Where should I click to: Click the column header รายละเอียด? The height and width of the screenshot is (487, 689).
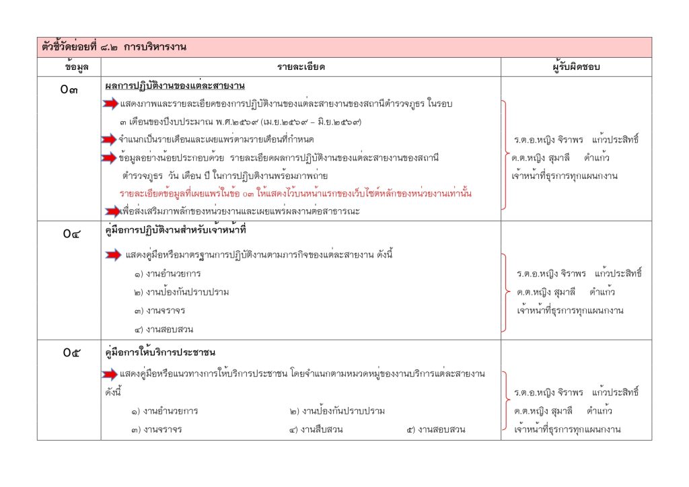pyautogui.click(x=301, y=67)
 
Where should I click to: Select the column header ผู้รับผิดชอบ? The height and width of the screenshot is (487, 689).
pyautogui.click(x=576, y=67)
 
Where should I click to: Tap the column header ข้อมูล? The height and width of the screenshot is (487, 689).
pyautogui.click(x=69, y=67)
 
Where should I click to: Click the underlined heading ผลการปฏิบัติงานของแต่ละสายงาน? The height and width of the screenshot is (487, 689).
pyautogui.click(x=175, y=86)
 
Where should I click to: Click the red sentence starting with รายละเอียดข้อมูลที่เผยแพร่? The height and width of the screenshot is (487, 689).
pyautogui.click(x=295, y=194)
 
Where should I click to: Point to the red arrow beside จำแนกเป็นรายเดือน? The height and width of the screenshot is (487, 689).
pyautogui.click(x=109, y=140)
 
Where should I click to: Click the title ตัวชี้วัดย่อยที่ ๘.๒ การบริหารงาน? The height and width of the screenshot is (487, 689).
pyautogui.click(x=113, y=47)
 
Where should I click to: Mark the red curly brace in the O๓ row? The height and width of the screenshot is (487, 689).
pyautogui.click(x=505, y=158)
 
